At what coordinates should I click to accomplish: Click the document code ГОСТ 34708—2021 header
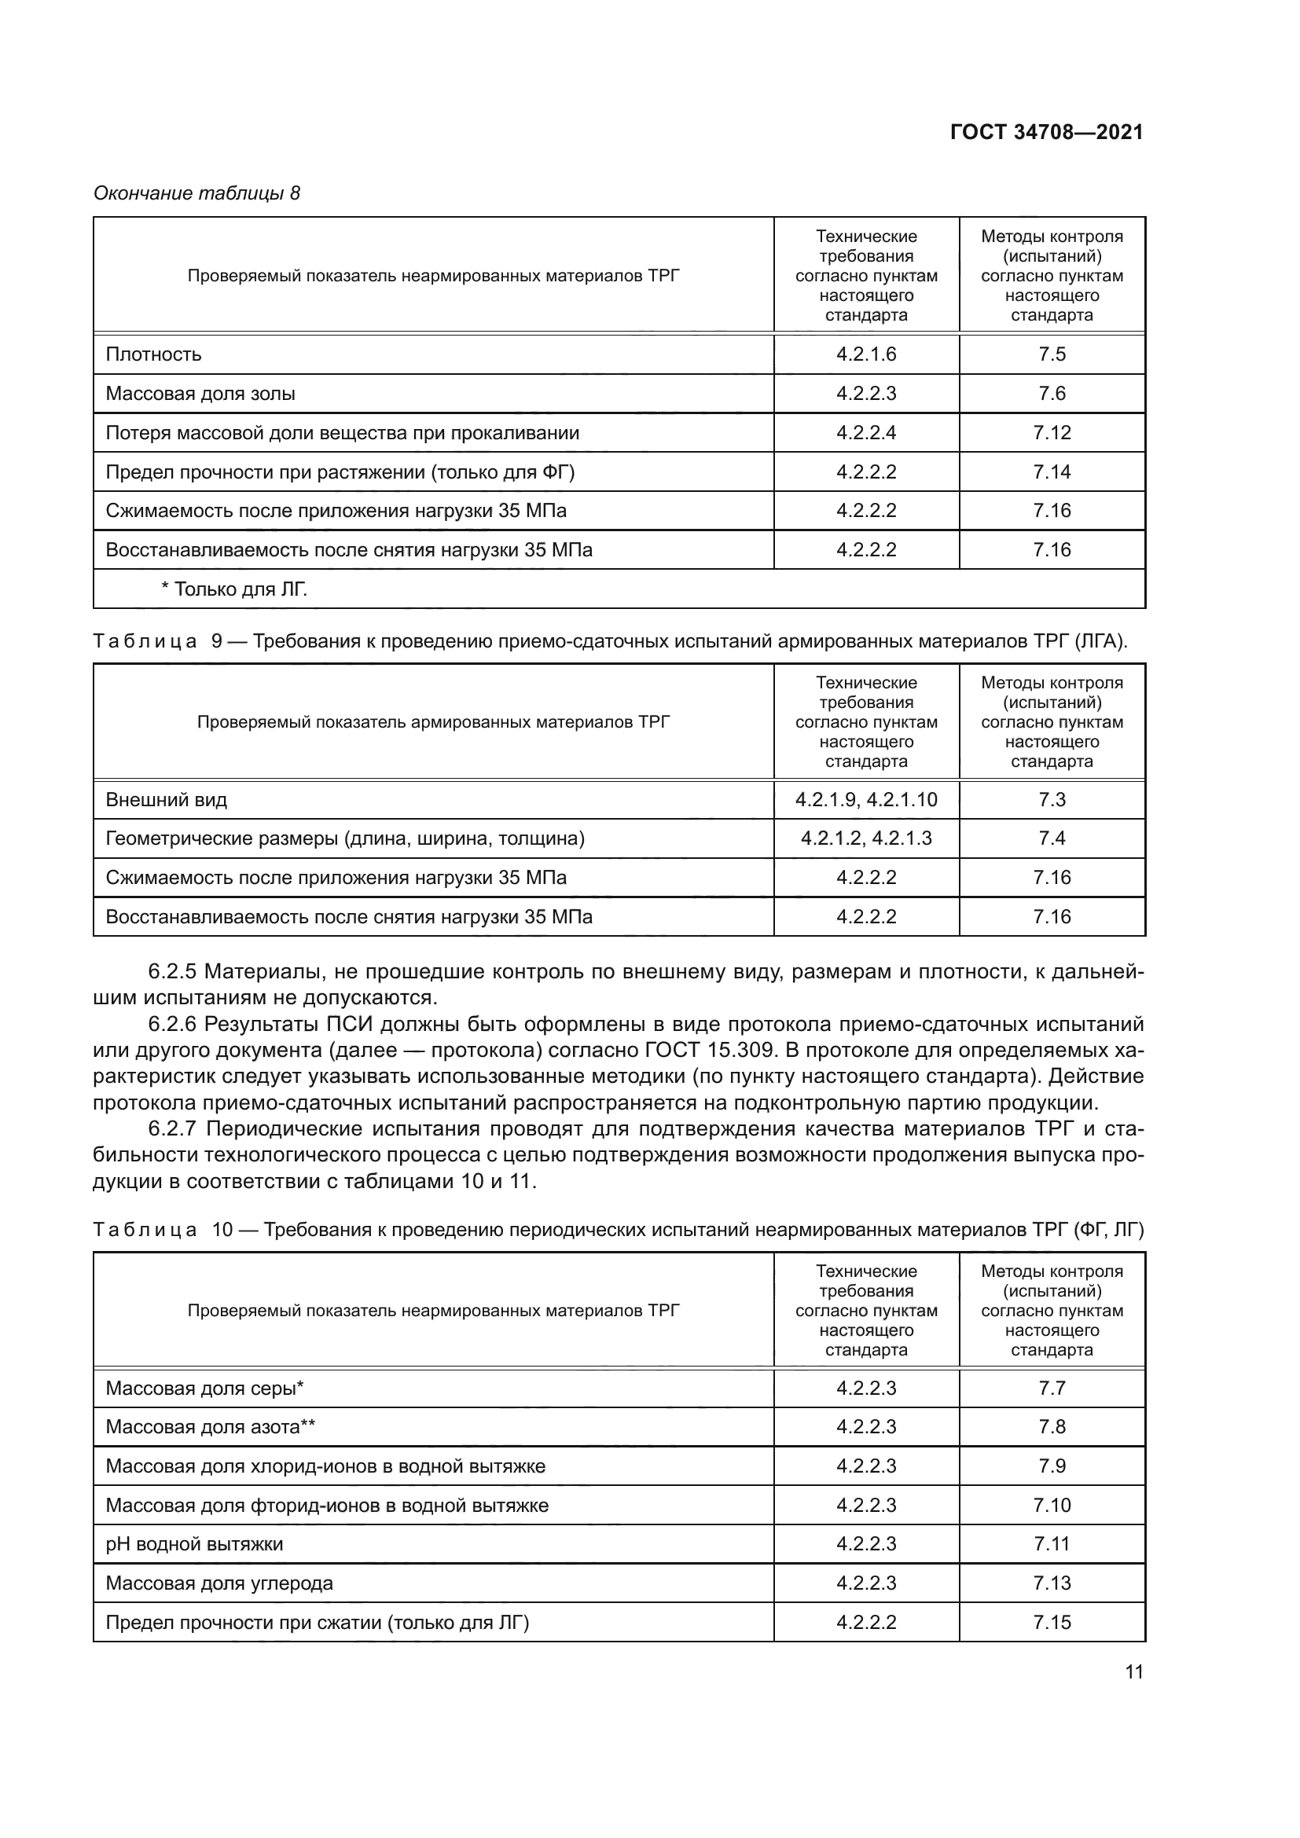coord(1045,132)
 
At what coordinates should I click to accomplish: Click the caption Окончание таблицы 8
coord(197,193)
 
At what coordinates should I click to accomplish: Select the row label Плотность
coord(154,354)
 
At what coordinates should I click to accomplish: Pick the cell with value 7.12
coord(1051,432)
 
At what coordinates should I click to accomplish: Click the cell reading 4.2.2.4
coord(866,432)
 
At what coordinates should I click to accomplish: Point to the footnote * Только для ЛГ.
coord(233,589)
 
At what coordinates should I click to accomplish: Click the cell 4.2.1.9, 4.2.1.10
coord(866,799)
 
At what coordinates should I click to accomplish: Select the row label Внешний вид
coord(167,799)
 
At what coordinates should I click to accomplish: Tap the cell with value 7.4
coord(1051,838)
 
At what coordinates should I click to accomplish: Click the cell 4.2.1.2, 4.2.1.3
coord(866,838)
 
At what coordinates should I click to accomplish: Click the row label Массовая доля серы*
coord(205,1388)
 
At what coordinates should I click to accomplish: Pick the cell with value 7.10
coord(1051,1506)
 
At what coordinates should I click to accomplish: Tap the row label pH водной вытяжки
coord(194,1544)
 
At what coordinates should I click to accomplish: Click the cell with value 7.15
coord(1051,1623)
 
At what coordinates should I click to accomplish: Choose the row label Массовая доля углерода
coord(219,1583)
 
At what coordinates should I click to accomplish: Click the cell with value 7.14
coord(1051,471)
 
